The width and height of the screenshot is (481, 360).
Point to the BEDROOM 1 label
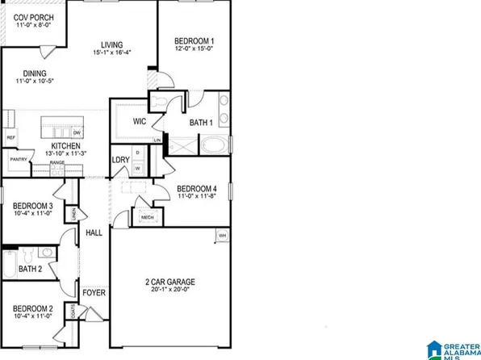pyautogui.click(x=194, y=41)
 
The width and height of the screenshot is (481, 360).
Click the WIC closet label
pyautogui.click(x=138, y=122)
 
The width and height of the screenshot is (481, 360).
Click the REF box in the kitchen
pyautogui.click(x=11, y=138)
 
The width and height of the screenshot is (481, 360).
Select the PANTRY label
pyautogui.click(x=19, y=160)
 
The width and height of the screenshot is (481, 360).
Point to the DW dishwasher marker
pyautogui.click(x=77, y=132)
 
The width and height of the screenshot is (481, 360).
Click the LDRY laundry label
pyautogui.click(x=120, y=158)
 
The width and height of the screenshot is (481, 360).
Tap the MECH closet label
pyautogui.click(x=148, y=217)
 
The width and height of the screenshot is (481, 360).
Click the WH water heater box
pyautogui.click(x=221, y=236)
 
